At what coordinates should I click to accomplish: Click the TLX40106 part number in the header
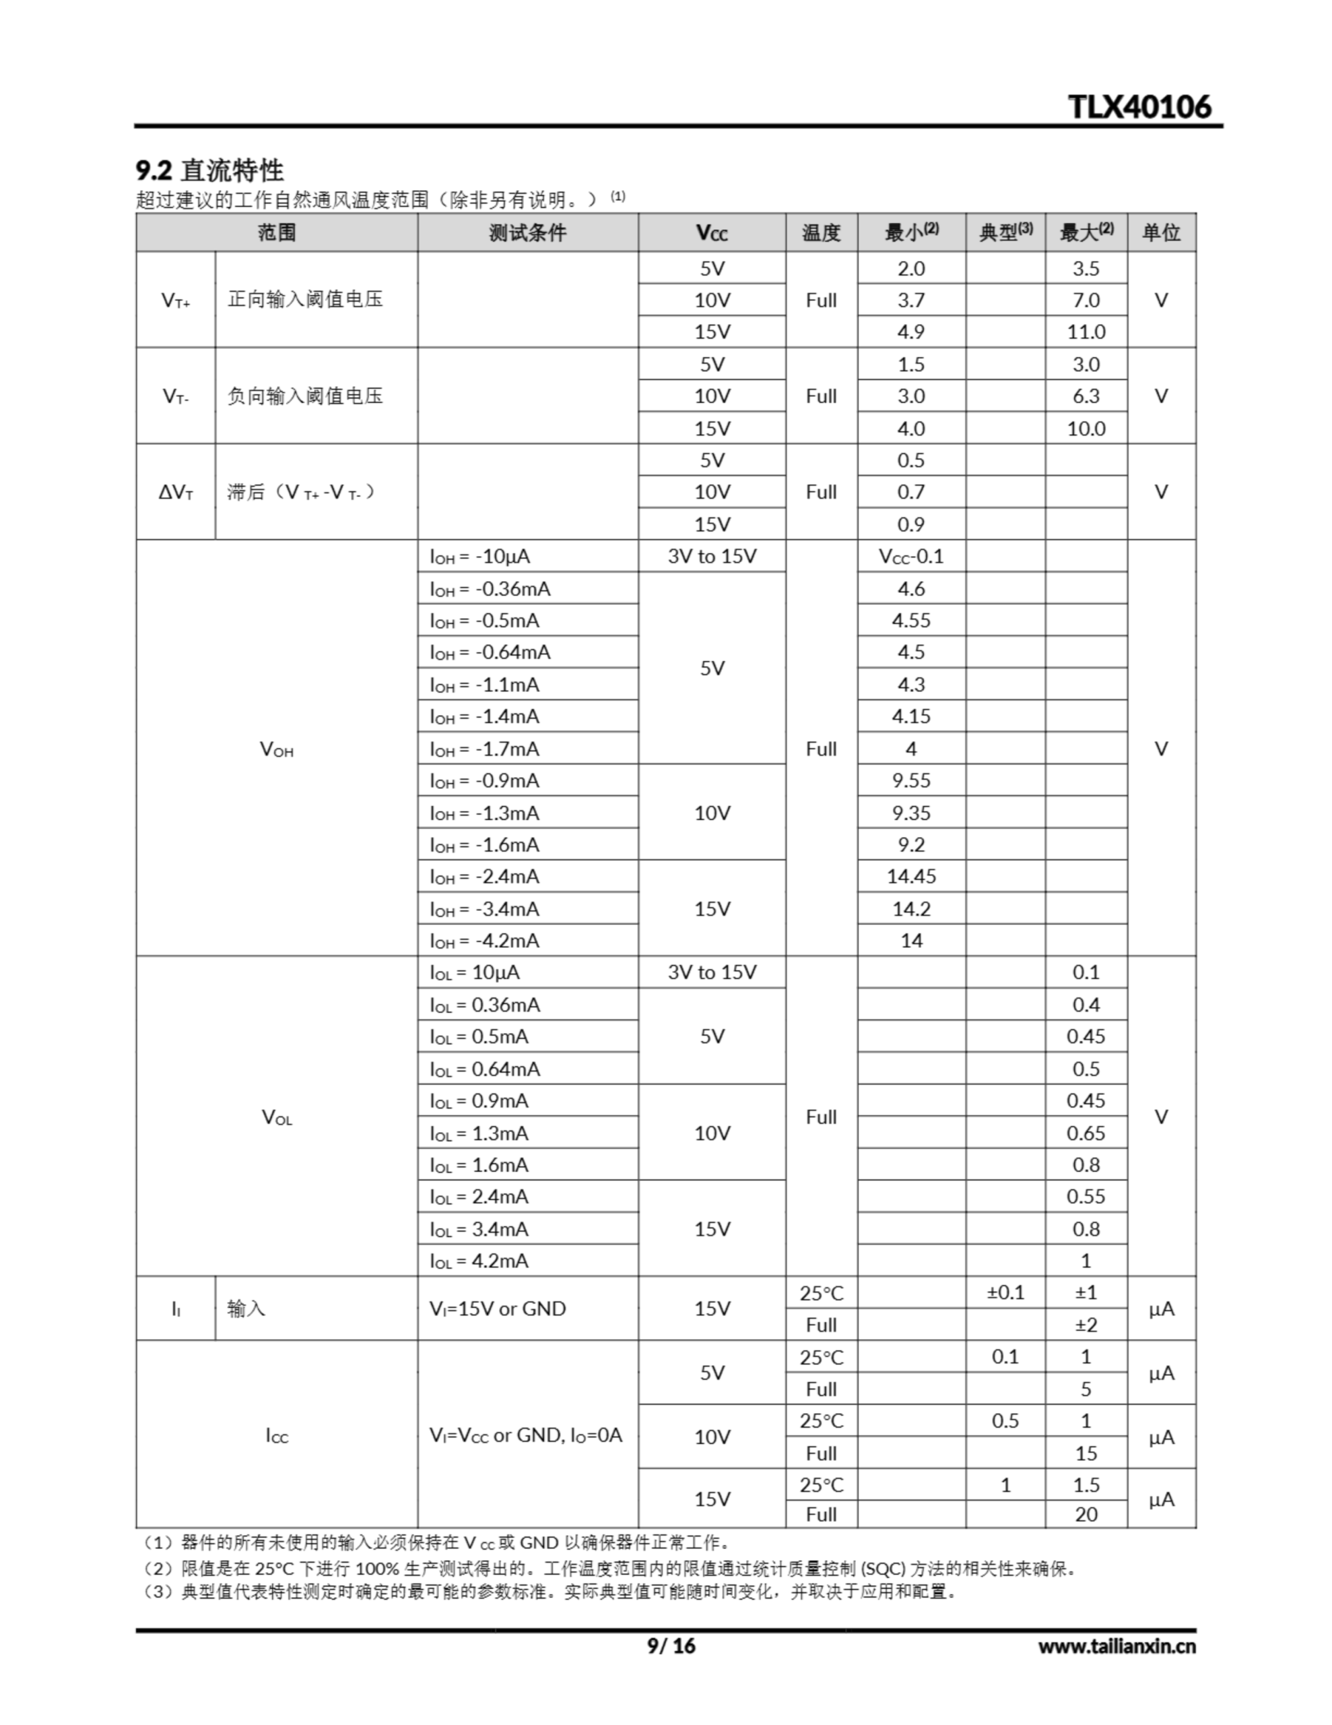1139,106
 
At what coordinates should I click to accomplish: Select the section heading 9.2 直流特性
209,170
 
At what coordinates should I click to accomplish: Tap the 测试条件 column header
527,233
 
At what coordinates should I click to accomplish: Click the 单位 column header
1161,233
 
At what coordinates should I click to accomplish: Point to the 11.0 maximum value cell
1086,332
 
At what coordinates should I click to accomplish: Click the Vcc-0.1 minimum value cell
911,557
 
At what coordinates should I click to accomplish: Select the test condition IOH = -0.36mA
490,589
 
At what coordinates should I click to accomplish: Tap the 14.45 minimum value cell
911,877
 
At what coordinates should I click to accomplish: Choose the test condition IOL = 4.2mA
479,1261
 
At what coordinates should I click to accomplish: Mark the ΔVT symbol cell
175,492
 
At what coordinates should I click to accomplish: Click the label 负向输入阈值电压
305,396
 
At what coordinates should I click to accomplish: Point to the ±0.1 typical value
1005,1293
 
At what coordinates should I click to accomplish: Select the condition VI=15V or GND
498,1309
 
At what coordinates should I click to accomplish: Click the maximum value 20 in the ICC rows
1086,1514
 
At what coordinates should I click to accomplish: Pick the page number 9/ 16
671,1645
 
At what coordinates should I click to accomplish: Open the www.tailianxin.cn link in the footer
1117,1646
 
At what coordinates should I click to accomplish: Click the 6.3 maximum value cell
1086,396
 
